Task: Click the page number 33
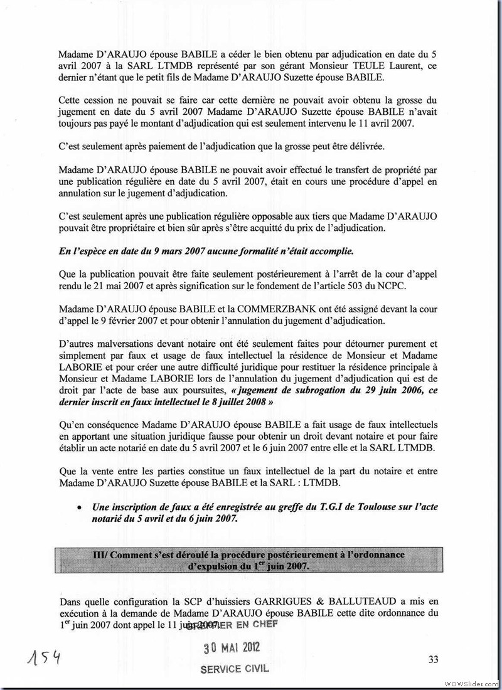coord(432,659)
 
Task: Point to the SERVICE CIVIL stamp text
coord(234,669)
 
